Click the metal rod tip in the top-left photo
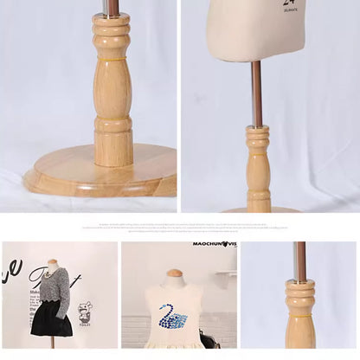tap(112, 7)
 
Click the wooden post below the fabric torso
tap(258, 169)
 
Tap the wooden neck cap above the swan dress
tap(175, 276)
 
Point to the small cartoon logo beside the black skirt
tap(85, 312)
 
